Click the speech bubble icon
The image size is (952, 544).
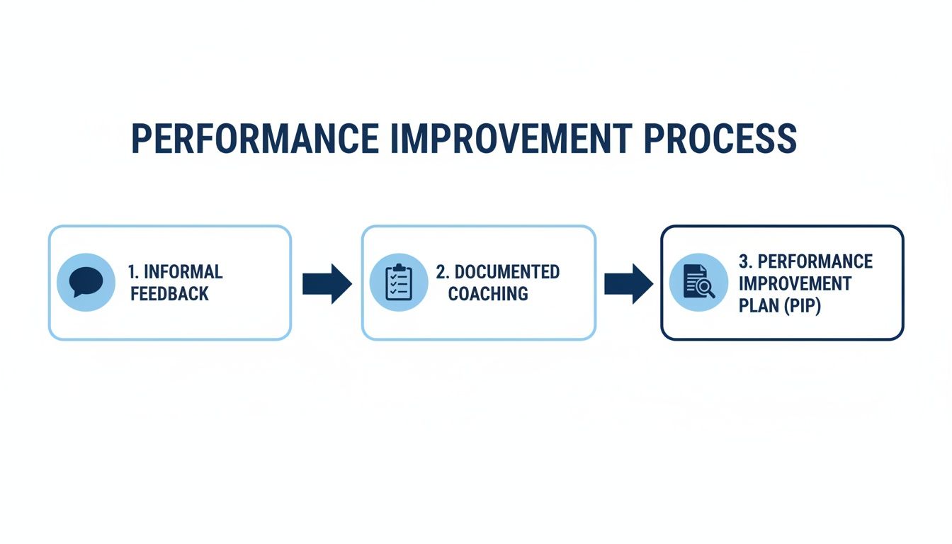tap(86, 283)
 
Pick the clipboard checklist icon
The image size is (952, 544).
tap(399, 283)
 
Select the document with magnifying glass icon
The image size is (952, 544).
tap(698, 283)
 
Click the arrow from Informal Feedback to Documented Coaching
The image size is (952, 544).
tap(327, 283)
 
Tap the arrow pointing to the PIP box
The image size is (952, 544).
tap(628, 283)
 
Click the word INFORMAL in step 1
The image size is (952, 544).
tap(183, 272)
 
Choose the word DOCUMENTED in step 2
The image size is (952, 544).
tap(507, 272)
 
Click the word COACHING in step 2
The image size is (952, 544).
tap(488, 294)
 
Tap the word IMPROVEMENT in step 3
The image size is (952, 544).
tap(795, 284)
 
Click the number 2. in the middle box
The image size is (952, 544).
tap(443, 272)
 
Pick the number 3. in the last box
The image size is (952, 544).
tap(745, 261)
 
